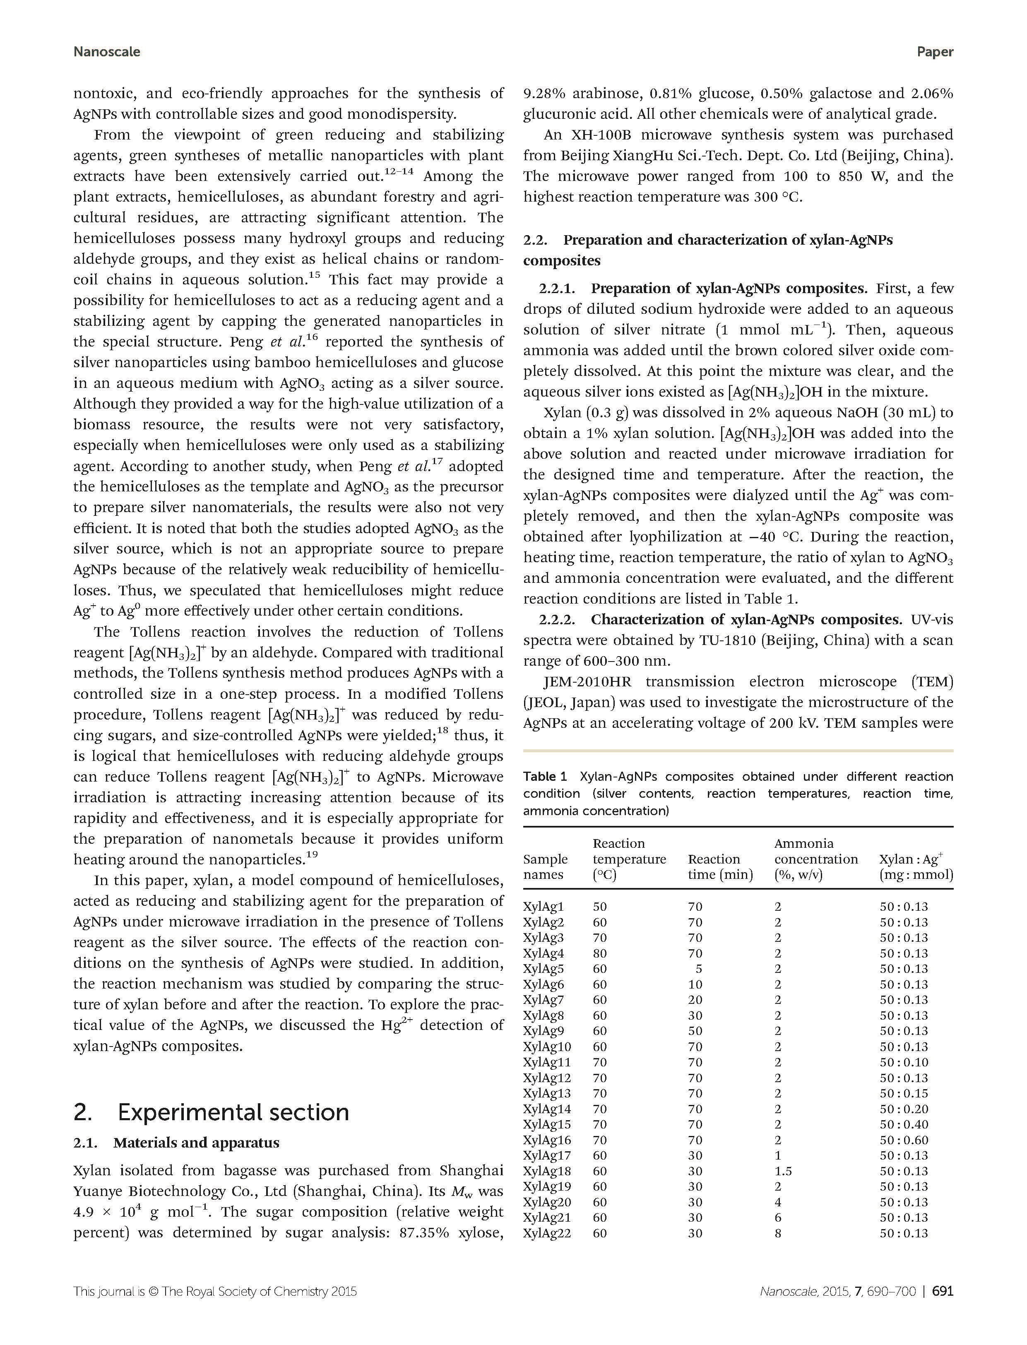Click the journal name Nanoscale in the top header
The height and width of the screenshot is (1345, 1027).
106,52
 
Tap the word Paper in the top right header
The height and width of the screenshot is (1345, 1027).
934,52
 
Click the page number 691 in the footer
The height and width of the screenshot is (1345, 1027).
942,1291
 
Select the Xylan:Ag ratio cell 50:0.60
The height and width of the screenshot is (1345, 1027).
904,1140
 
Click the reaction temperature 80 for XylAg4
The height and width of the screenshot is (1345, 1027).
600,953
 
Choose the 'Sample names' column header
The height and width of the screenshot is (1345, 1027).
545,867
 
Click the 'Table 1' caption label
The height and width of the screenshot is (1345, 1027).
545,777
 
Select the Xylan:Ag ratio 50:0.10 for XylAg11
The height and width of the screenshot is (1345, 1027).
904,1062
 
